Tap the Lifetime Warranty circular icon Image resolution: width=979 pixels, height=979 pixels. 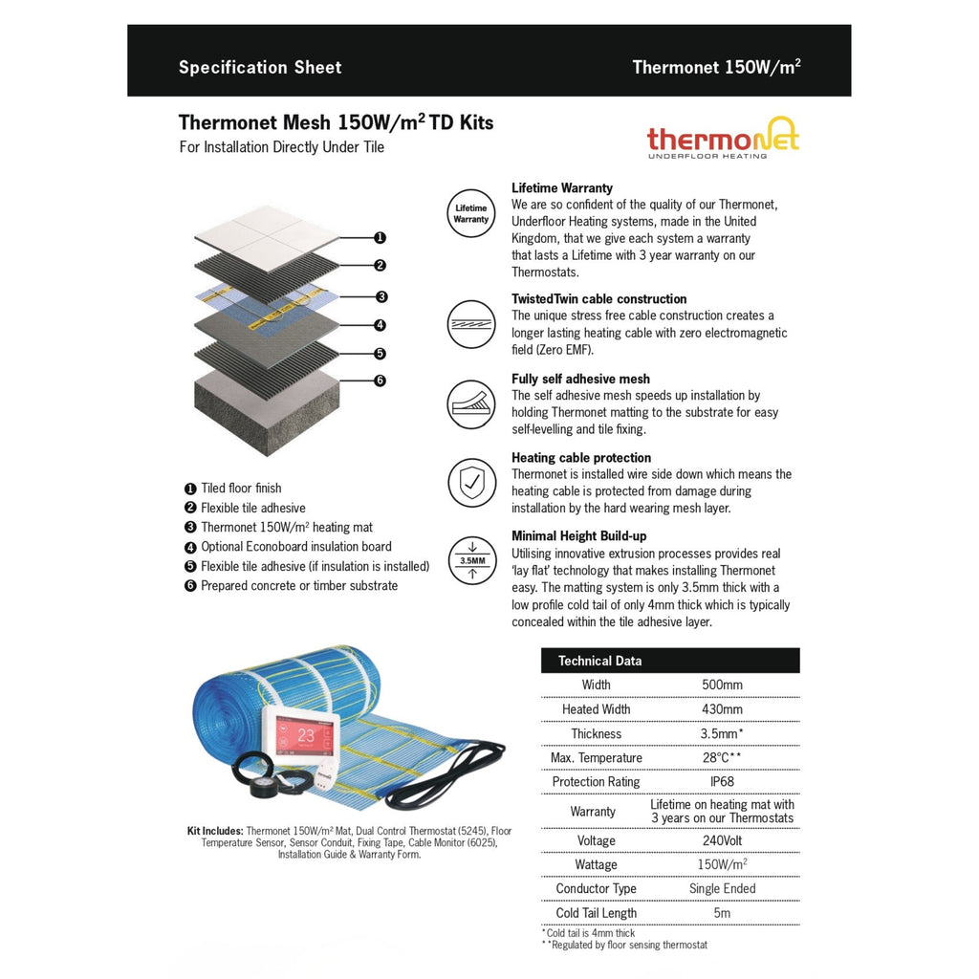point(471,213)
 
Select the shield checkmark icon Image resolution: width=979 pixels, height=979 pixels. point(471,483)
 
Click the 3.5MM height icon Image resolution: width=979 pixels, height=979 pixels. point(471,561)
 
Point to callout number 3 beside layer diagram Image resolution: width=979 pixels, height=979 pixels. point(381,296)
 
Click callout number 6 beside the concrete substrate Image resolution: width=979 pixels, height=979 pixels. point(380,381)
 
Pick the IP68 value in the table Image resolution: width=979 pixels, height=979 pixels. point(722,782)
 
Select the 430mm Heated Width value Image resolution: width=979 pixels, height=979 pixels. point(722,709)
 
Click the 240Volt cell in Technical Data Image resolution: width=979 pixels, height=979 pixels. point(722,840)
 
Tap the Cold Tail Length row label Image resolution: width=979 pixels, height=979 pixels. point(596,913)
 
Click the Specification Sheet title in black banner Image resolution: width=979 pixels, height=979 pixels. point(260,68)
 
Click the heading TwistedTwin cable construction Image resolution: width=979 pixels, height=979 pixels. point(598,299)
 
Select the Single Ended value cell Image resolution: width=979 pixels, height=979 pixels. point(722,888)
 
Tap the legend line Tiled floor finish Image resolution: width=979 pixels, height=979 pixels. point(241,489)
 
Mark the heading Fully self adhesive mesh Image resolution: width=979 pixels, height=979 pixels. point(580,379)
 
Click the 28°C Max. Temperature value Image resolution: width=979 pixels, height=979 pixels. point(722,758)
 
